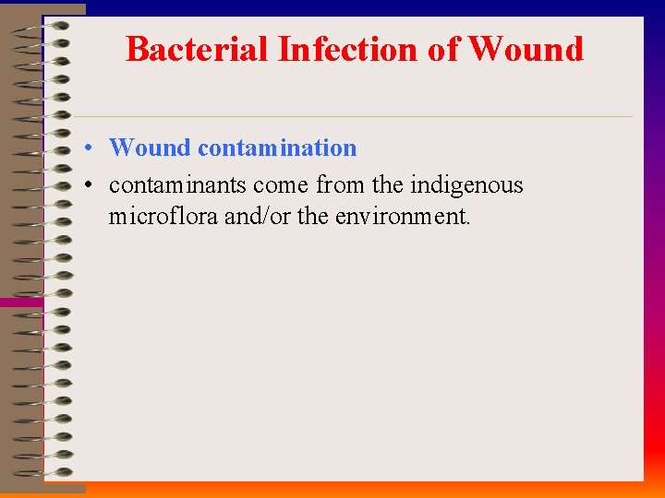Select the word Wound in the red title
(x=526, y=49)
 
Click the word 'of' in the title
(x=445, y=49)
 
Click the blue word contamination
(x=277, y=148)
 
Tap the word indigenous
(x=466, y=185)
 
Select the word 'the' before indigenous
(x=388, y=185)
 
